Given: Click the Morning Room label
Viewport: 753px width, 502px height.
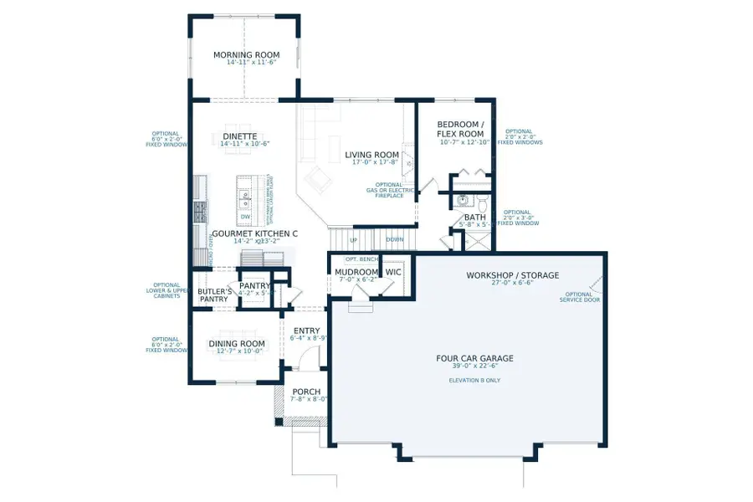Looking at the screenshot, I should pos(244,55).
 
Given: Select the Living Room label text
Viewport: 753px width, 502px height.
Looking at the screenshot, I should pos(371,155).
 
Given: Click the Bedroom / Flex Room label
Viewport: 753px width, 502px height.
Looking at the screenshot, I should pos(460,129).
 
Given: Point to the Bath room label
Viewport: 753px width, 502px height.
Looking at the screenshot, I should pos(474,218).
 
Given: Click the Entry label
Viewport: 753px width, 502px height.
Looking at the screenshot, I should pos(306,331).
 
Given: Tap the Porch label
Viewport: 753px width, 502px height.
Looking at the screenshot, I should pos(306,392).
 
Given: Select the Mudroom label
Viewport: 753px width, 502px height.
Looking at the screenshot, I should pos(356,273).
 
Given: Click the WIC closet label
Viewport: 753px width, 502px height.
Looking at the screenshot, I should pos(393,273).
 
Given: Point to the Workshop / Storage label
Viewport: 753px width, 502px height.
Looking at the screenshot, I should pos(512,275).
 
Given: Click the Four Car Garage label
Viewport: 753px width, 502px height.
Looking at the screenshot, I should pos(474,358).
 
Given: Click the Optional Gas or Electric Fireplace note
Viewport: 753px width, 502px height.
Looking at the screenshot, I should pos(390,190).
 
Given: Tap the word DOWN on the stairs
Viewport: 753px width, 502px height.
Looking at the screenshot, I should pos(395,239).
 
